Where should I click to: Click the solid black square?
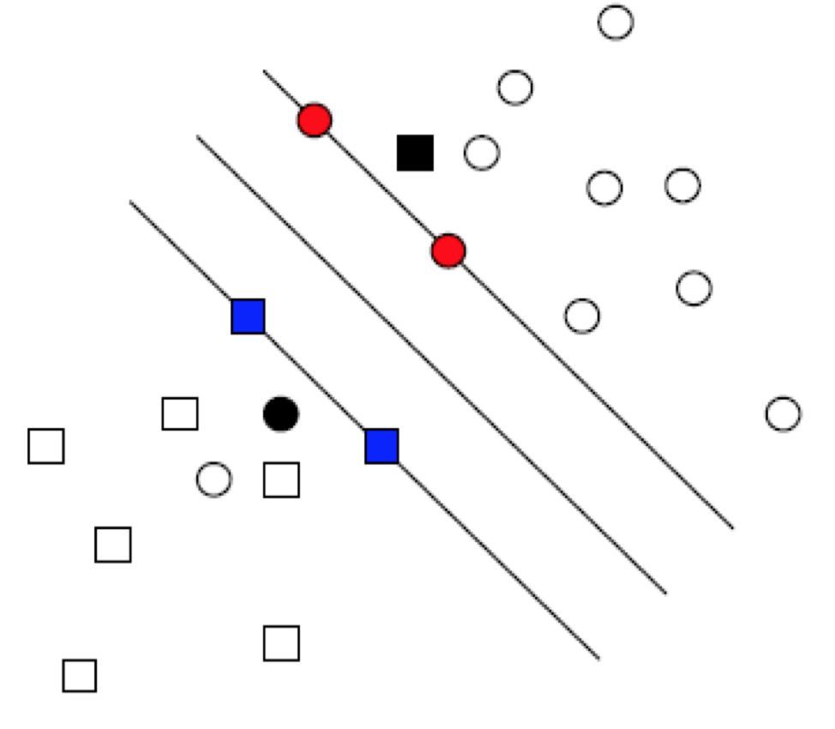click(x=415, y=153)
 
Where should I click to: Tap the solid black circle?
click(x=280, y=414)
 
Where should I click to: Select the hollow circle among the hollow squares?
click(x=213, y=479)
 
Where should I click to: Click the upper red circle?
click(x=315, y=120)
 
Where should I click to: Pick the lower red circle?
click(x=448, y=251)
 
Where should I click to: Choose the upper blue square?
click(x=248, y=316)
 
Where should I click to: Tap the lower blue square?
click(x=381, y=446)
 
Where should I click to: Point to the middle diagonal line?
click(x=429, y=362)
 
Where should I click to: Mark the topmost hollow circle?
click(x=616, y=22)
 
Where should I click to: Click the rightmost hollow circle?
click(x=783, y=414)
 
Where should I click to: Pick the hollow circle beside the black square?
click(x=482, y=153)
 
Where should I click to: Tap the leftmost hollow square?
click(x=46, y=446)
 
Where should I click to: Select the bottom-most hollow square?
click(x=79, y=676)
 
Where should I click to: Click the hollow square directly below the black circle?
click(x=281, y=480)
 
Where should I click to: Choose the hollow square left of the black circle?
click(x=180, y=413)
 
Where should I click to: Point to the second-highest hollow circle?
click(x=514, y=87)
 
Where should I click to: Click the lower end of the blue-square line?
click(x=598, y=658)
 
